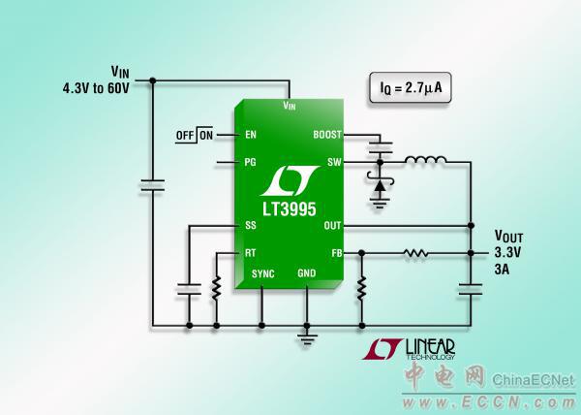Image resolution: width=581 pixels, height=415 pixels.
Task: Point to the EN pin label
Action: [x=251, y=135]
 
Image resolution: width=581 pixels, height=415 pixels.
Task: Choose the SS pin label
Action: [x=251, y=226]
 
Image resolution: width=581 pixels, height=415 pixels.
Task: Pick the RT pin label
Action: [x=251, y=252]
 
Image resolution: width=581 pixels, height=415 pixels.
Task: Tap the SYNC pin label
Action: [x=263, y=274]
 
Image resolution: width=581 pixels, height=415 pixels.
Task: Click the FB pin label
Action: [x=336, y=252]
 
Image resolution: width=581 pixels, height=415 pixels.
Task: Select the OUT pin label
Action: [x=332, y=226]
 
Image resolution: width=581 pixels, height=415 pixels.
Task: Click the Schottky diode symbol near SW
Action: [x=379, y=181]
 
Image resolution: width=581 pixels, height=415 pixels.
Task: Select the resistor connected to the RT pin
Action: [x=215, y=287]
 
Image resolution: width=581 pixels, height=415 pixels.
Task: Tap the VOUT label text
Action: [x=511, y=236]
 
